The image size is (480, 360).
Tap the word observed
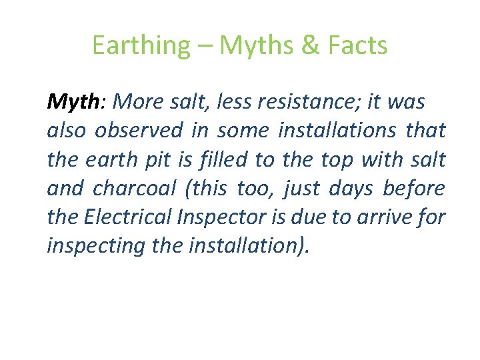pyautogui.click(x=139, y=131)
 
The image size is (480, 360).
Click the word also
pyautogui.click(x=66, y=131)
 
